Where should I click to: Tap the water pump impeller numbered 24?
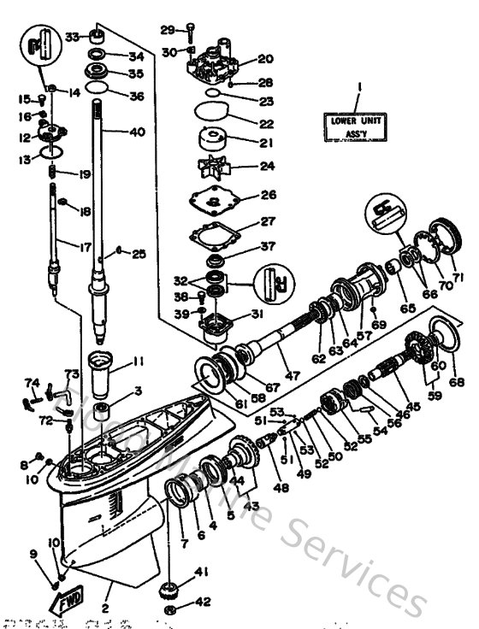(208, 166)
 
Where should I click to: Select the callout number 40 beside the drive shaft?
(137, 132)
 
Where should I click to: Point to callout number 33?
(72, 36)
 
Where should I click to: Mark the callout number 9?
(34, 555)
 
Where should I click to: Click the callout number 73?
(73, 374)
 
